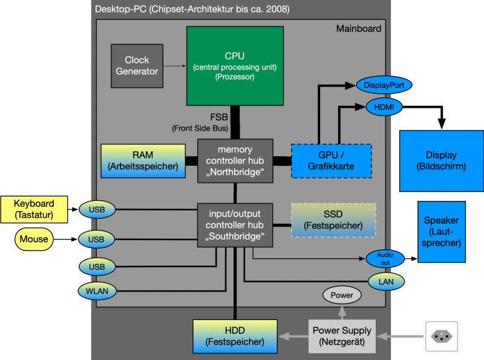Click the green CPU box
[235, 65]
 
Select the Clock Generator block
[141, 65]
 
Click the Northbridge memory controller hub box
[235, 160]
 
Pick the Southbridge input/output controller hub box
[235, 224]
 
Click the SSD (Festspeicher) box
[333, 220]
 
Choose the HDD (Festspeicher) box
[234, 336]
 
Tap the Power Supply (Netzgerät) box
[342, 336]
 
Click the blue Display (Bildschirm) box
[440, 160]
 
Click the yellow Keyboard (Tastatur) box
[34, 209]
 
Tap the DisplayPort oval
[384, 85]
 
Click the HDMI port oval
[384, 107]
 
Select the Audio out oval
[385, 258]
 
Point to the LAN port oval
[386, 281]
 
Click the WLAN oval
[96, 291]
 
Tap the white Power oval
[342, 296]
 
